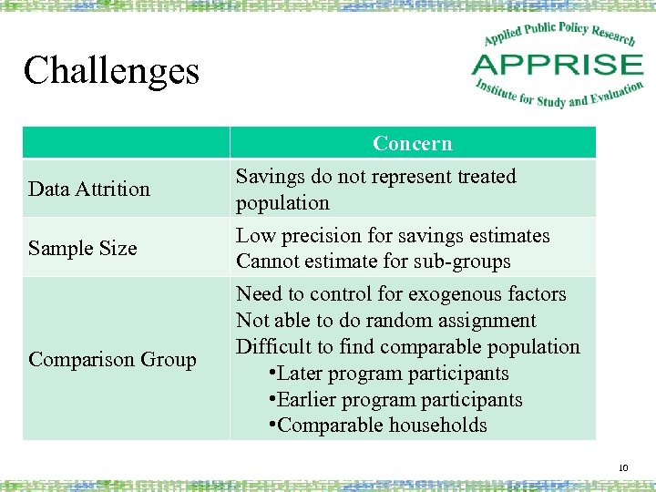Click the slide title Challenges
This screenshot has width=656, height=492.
pos(111,70)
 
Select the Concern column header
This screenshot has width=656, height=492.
pos(412,144)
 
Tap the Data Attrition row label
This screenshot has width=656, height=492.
pos(89,190)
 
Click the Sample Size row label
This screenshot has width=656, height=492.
pos(83,248)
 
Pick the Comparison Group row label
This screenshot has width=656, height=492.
pos(113,360)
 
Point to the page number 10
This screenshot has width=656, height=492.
pos(624,468)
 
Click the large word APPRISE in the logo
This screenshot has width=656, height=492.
pos(558,65)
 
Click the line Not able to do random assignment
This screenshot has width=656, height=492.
pos(386,321)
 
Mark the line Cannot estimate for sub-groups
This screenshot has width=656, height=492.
pos(374,261)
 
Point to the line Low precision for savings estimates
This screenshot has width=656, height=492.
pos(393,236)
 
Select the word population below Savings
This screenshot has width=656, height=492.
pos(282,203)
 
